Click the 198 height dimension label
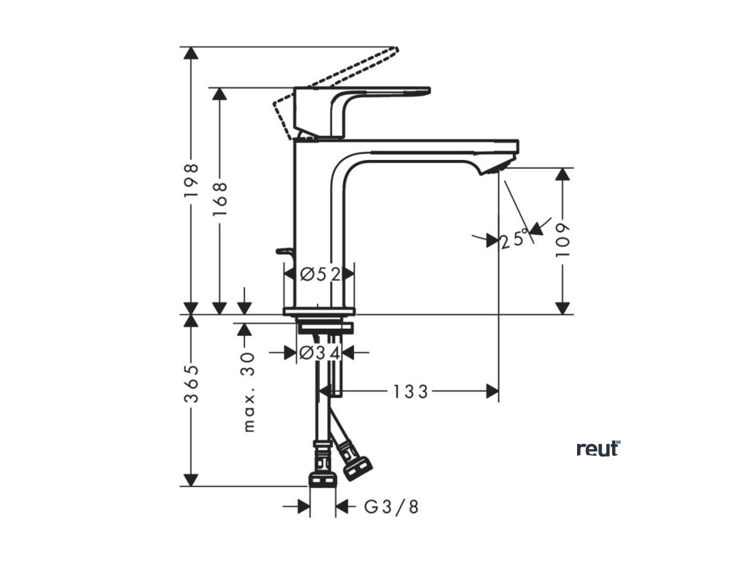(192, 180)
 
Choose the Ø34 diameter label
(320, 354)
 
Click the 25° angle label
(515, 239)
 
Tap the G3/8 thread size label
(391, 507)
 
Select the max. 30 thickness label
(249, 393)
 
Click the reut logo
(598, 449)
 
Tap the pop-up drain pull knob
(284, 252)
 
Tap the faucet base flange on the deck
(319, 312)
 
